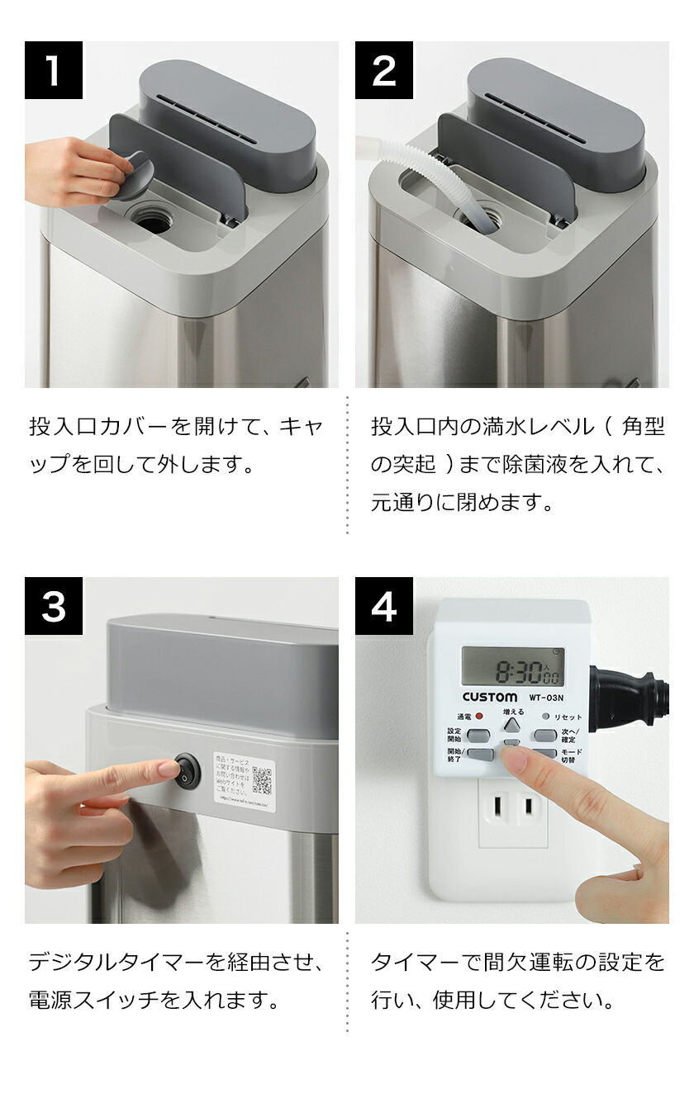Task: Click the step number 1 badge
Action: (54, 70)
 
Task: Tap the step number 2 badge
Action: (384, 70)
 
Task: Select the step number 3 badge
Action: (54, 606)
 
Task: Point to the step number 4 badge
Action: (384, 606)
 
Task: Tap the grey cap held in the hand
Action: (132, 174)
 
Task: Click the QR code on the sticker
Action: (262, 779)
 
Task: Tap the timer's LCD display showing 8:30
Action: (512, 667)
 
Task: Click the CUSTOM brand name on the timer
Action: (489, 697)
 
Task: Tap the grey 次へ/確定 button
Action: (544, 734)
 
